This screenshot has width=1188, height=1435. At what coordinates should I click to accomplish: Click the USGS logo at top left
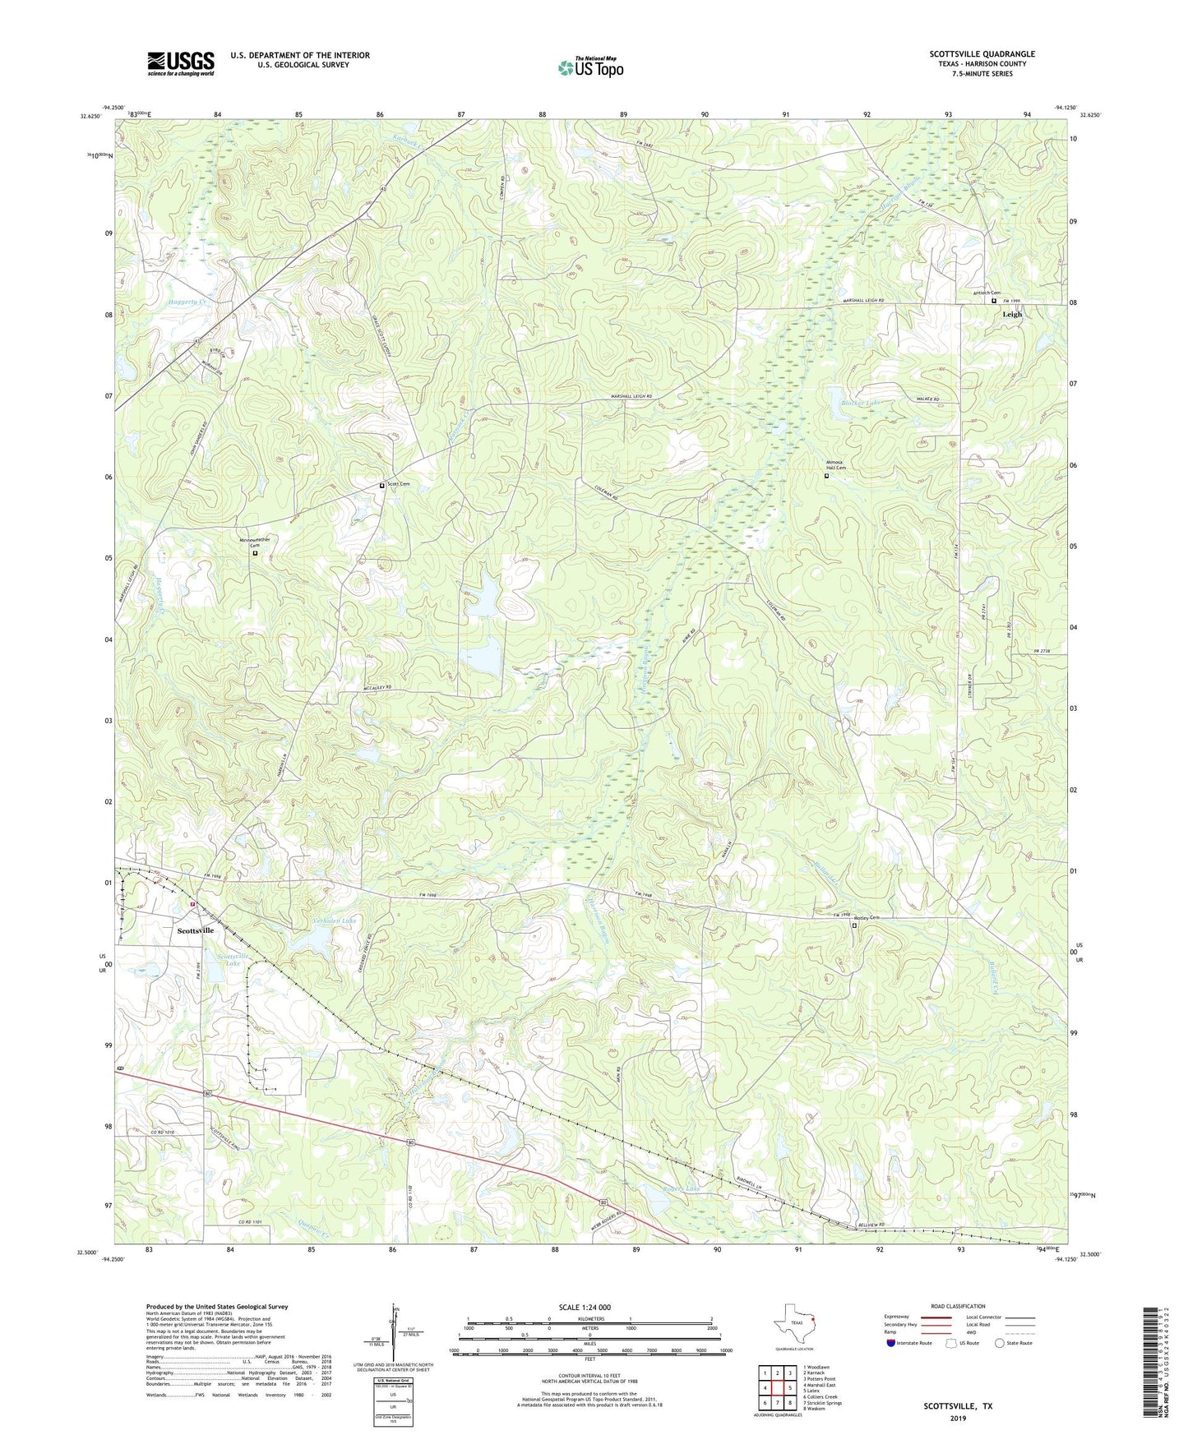point(180,63)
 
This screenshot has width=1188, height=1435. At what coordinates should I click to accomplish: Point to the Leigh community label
point(1011,314)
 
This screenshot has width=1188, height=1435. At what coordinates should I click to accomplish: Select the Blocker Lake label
point(860,403)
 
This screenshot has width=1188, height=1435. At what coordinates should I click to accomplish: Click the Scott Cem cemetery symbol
point(381,486)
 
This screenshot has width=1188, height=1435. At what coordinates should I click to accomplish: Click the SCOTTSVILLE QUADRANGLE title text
point(982,54)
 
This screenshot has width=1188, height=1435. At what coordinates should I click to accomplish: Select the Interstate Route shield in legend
point(892,1343)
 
